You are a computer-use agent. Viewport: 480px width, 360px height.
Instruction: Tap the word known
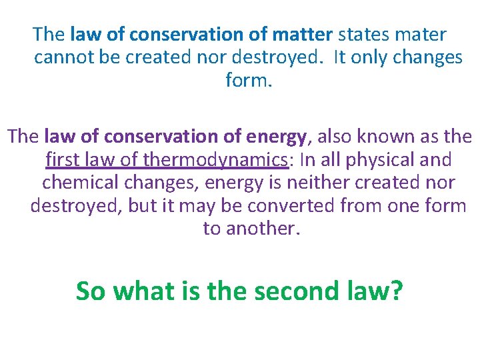tap(388, 137)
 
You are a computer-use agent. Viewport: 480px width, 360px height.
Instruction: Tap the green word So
tap(91, 291)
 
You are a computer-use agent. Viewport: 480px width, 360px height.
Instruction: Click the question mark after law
tap(395, 291)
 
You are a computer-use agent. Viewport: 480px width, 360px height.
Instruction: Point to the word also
tap(335, 137)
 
